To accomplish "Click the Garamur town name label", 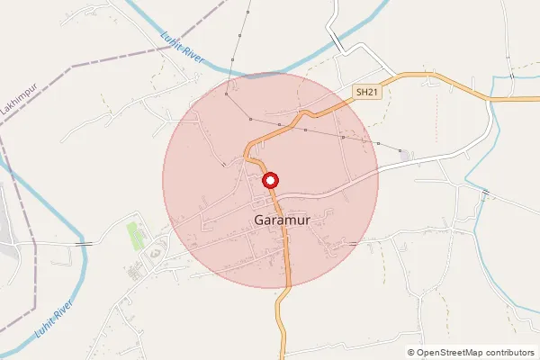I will [x=283, y=220].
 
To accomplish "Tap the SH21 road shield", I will [x=364, y=92].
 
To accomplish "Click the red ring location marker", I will [x=270, y=180].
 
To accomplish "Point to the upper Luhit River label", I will [x=184, y=52].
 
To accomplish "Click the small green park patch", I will [x=136, y=236].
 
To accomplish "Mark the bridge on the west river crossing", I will [x=84, y=243].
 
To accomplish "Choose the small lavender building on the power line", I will [x=405, y=156].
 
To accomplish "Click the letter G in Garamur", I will [x=260, y=220].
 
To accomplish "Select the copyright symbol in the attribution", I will [x=411, y=353].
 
